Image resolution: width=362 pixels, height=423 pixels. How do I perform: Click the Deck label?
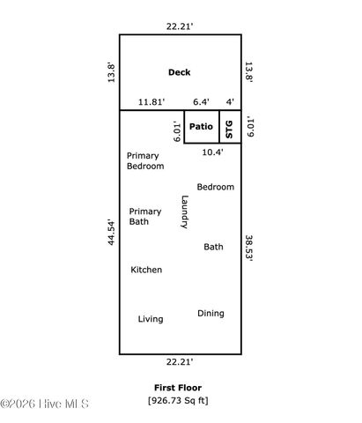pyautogui.click(x=179, y=72)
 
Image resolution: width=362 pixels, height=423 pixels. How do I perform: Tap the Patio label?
pyautogui.click(x=202, y=127)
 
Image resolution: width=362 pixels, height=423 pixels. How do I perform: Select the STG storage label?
pyautogui.click(x=230, y=128)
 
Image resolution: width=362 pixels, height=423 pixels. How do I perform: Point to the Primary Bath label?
pyautogui.click(x=145, y=217)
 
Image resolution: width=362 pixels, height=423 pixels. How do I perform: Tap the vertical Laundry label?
pyautogui.click(x=184, y=212)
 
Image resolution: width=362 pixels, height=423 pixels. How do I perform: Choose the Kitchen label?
pyautogui.click(x=146, y=269)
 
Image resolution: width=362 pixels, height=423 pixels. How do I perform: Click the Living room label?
pyautogui.click(x=151, y=319)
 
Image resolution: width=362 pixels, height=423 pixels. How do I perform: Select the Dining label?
pyautogui.click(x=211, y=313)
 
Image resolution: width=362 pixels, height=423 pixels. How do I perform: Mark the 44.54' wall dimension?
pyautogui.click(x=111, y=234)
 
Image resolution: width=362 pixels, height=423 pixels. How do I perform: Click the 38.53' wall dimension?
pyautogui.click(x=250, y=248)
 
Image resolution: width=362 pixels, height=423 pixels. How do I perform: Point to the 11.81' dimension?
pyautogui.click(x=151, y=102)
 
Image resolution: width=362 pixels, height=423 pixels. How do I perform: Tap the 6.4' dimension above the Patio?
pyautogui.click(x=202, y=102)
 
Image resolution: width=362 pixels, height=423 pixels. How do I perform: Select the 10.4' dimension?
pyautogui.click(x=212, y=152)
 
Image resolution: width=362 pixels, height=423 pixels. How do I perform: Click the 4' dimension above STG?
pyautogui.click(x=230, y=102)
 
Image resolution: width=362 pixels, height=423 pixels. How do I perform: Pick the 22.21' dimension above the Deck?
pyautogui.click(x=180, y=26)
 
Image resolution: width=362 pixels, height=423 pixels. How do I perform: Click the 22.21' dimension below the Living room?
pyautogui.click(x=180, y=361)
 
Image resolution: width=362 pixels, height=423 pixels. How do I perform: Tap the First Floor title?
pyautogui.click(x=178, y=388)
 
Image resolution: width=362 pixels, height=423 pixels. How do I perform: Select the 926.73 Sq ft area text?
pyautogui.click(x=178, y=401)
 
